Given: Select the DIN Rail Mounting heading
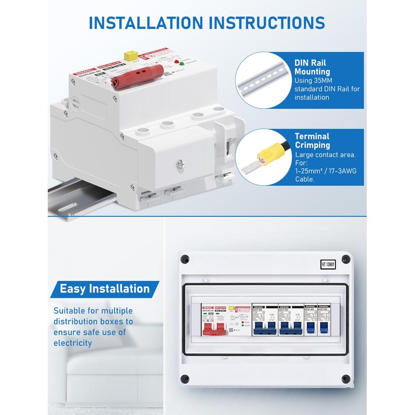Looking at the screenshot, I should [312, 67].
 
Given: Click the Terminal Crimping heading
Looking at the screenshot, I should [312, 141].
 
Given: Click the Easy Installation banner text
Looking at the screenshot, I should [105, 288].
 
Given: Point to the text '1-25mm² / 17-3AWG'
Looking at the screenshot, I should [325, 171].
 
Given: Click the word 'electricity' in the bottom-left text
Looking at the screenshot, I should [73, 343].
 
